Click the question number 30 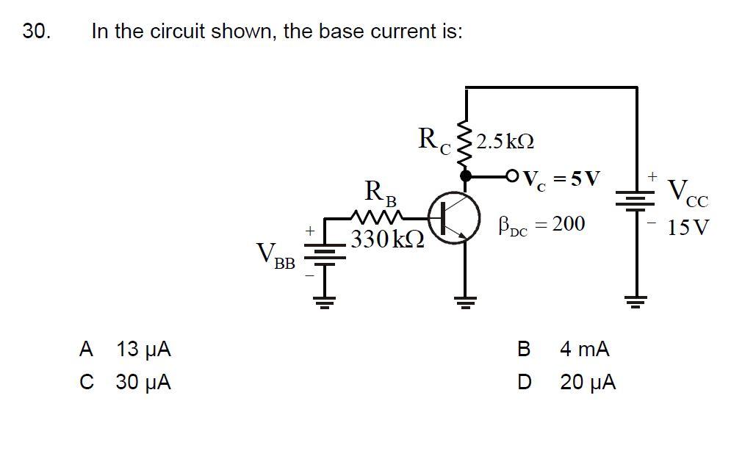click(36, 32)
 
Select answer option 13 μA click(143, 349)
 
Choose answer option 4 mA click(584, 349)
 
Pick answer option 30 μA click(143, 383)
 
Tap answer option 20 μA click(588, 383)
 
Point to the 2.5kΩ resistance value click(505, 140)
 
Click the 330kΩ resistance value click(387, 239)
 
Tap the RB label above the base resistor click(381, 194)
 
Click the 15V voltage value click(688, 227)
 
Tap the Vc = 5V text click(562, 178)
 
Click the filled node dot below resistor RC click(465, 176)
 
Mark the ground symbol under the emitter click(465, 299)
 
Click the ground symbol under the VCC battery click(636, 299)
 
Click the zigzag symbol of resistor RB click(376, 217)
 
